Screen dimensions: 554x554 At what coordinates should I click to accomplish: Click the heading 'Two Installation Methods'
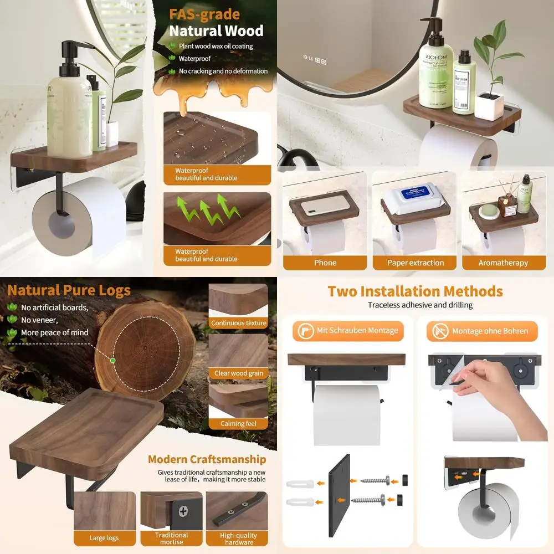(415, 291)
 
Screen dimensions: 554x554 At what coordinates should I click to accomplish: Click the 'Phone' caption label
(325, 263)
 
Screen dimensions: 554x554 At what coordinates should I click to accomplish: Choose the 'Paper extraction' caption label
(416, 263)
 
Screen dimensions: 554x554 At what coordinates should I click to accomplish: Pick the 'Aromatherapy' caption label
(503, 263)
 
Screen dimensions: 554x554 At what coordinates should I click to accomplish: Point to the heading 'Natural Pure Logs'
(69, 290)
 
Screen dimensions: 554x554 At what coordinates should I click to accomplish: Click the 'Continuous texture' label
(239, 323)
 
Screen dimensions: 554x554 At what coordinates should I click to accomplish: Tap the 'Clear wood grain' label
(239, 373)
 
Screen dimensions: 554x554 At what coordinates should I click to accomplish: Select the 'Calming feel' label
(239, 424)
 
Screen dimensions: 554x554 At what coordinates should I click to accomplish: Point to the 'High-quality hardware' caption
(238, 538)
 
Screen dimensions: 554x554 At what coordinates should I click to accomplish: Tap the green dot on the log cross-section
(113, 361)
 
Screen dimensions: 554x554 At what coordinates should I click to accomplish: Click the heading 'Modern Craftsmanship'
(207, 459)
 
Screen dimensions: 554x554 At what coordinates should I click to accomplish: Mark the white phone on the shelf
(326, 204)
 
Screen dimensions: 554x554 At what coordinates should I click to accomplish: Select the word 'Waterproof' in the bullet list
(194, 59)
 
